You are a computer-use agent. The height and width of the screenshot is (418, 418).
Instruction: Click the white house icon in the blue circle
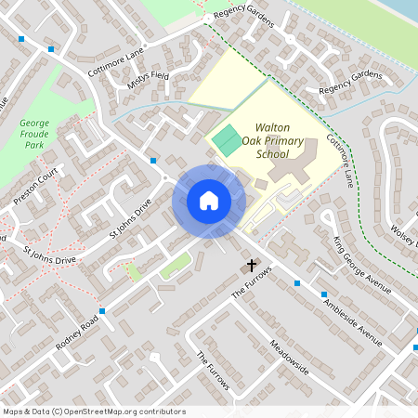tap(209, 200)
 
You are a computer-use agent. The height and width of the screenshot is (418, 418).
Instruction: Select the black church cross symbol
tap(249, 268)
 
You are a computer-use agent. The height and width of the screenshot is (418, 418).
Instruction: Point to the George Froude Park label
tap(34, 134)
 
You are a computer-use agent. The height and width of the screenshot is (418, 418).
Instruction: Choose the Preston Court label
tap(36, 186)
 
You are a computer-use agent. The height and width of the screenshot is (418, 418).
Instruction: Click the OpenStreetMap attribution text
tap(94, 411)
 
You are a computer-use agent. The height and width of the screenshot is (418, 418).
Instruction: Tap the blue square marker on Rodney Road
tap(102, 310)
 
